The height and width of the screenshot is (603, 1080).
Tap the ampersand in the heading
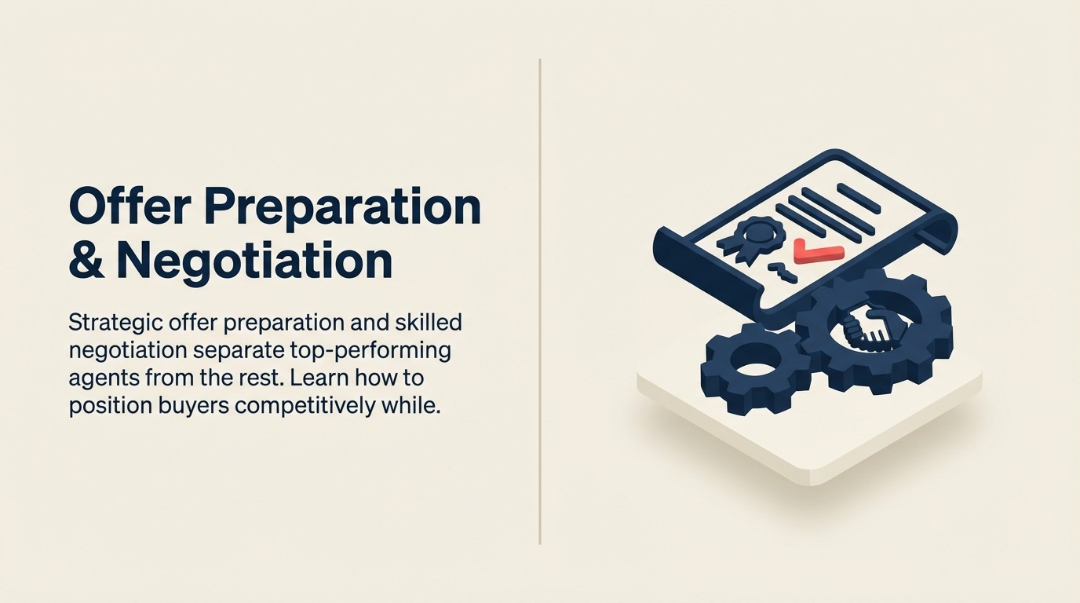86,261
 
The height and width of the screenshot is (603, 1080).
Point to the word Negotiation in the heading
254,261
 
